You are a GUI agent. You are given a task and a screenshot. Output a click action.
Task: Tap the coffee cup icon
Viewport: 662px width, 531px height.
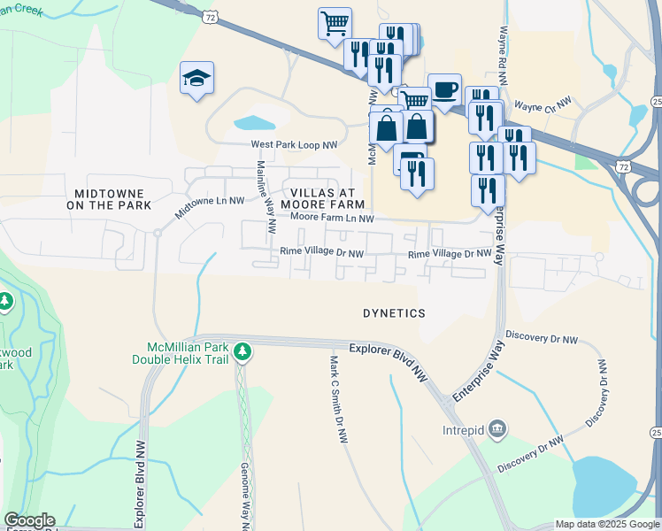point(445,89)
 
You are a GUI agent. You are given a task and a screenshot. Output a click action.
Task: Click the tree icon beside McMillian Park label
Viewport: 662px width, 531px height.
point(242,353)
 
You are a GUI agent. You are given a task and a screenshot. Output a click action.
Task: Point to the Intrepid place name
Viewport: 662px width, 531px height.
point(463,430)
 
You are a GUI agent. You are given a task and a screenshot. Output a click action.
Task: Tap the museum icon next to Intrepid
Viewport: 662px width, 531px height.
point(497,430)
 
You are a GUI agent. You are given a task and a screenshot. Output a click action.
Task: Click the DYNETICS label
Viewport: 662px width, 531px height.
point(394,313)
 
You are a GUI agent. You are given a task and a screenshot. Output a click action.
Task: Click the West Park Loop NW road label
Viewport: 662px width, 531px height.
point(295,144)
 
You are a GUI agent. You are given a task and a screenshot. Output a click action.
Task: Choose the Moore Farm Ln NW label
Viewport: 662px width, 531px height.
point(333,218)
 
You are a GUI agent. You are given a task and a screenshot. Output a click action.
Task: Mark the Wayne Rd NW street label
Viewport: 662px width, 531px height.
point(503,54)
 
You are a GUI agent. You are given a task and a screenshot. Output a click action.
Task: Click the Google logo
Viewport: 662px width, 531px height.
point(29,520)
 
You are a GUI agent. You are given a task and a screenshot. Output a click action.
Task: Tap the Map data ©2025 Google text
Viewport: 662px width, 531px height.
point(606,523)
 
